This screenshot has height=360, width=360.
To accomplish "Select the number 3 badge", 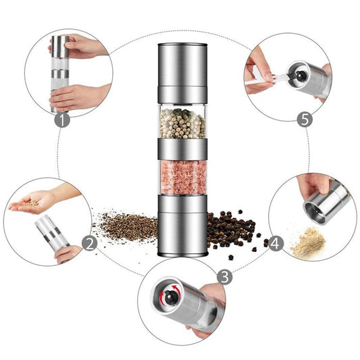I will pos(225,277).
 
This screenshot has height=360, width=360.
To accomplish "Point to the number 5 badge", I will pos(304,120).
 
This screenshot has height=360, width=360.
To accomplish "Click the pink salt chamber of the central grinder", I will pos(183,178).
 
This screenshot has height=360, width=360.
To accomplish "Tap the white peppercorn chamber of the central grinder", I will pos(183,122).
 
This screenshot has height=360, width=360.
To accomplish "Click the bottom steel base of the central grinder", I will pos(183,226).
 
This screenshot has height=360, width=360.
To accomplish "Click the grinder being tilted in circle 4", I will pos(326,203).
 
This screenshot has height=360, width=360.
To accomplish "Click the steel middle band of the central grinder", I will pos(183,149).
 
